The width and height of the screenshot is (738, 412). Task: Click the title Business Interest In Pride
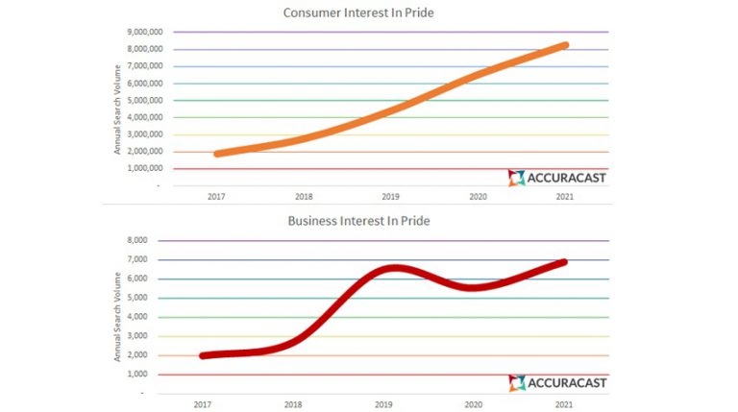[x=358, y=221]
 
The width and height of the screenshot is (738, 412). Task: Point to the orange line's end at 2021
[x=565, y=45]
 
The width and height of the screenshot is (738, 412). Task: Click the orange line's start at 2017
[x=218, y=153]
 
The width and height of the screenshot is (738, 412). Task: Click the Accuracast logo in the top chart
[x=557, y=178]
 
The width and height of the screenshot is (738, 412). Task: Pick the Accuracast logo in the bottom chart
[x=557, y=383]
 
